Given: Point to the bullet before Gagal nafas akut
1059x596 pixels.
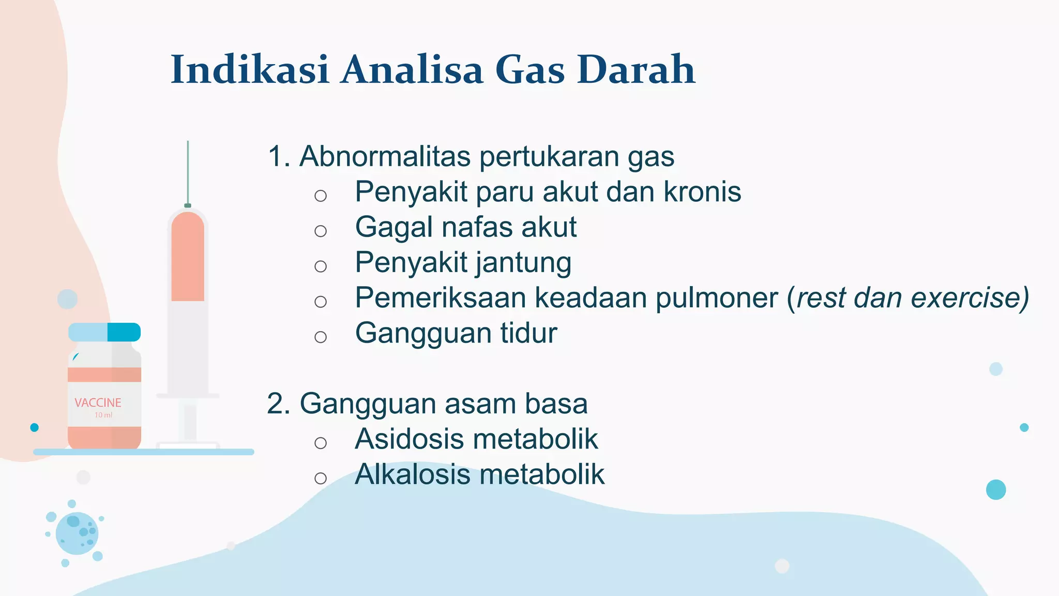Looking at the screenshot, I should [321, 231].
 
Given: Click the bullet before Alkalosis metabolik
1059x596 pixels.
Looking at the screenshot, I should [321, 478].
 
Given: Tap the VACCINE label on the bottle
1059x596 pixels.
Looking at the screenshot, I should [98, 403].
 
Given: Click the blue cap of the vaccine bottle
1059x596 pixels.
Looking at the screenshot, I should [104, 332].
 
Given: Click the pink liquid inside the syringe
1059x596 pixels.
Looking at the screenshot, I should [188, 259].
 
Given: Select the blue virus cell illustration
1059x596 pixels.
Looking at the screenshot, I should [77, 533].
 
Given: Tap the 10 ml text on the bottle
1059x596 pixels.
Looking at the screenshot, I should [103, 415].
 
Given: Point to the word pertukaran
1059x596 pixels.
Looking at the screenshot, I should [549, 156].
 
